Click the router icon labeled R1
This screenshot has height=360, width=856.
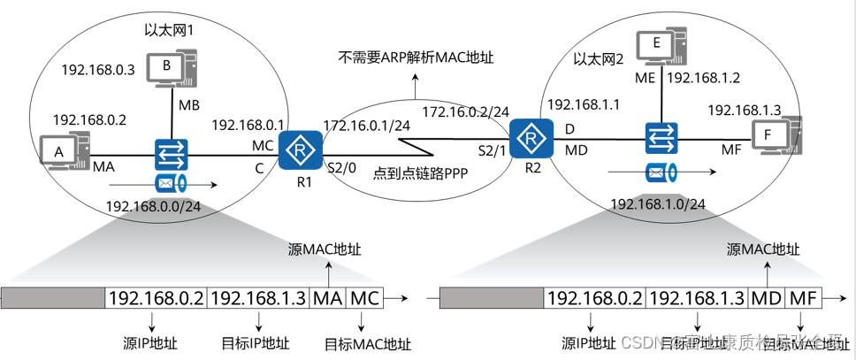click(300, 149)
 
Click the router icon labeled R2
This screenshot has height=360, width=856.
click(530, 137)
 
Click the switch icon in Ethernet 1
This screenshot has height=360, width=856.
click(168, 154)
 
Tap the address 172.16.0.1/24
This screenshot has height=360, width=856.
click(366, 126)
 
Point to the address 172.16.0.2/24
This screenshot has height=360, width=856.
click(465, 112)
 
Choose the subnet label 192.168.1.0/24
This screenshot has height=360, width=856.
click(657, 204)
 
